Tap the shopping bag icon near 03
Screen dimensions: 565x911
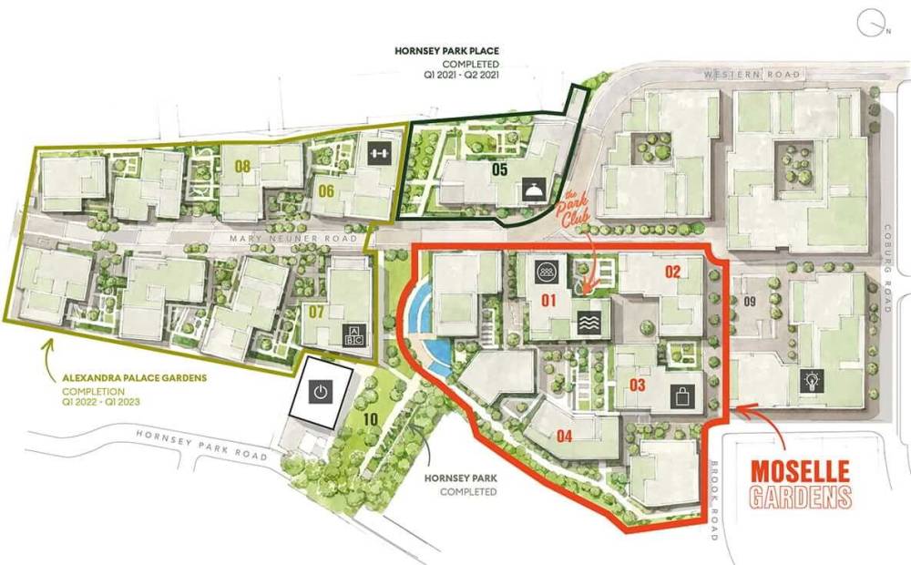tap(681, 395)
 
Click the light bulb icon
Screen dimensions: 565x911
tap(809, 382)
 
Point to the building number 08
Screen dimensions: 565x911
tap(242, 167)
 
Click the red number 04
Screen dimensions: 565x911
tap(564, 436)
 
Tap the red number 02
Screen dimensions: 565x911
tap(672, 272)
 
